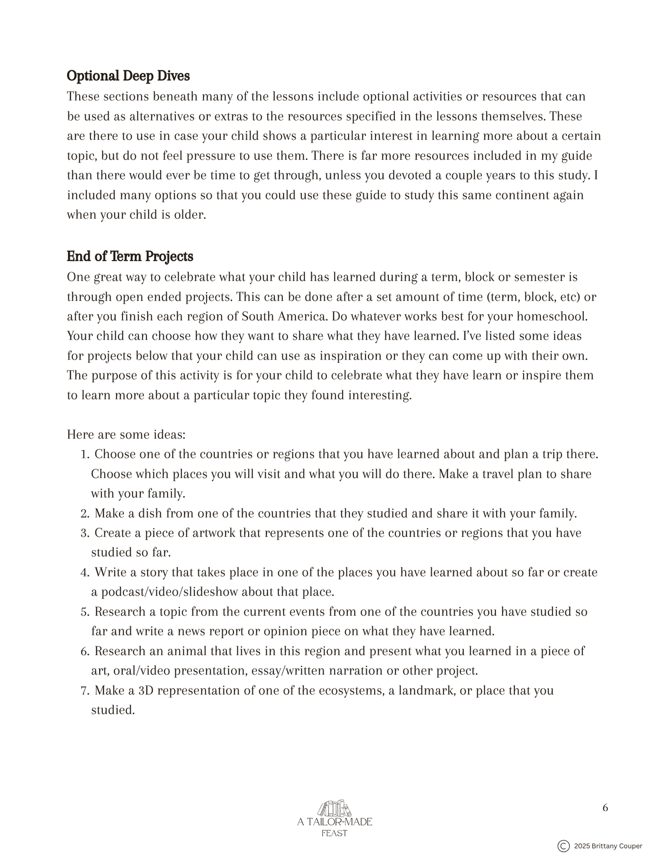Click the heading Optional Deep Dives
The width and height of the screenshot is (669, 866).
click(128, 76)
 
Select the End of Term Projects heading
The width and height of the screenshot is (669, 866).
click(130, 256)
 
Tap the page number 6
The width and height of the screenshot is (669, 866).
click(605, 808)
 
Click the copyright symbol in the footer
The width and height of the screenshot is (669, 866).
click(563, 846)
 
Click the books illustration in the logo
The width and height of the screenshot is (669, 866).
click(334, 808)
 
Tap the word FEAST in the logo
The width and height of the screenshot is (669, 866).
click(334, 833)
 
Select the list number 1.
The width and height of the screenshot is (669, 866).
click(84, 455)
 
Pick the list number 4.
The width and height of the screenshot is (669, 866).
click(84, 573)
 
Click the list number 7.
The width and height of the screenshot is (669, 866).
click(84, 691)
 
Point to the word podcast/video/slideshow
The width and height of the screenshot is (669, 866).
click(170, 592)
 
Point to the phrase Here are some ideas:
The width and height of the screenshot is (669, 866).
click(126, 435)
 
